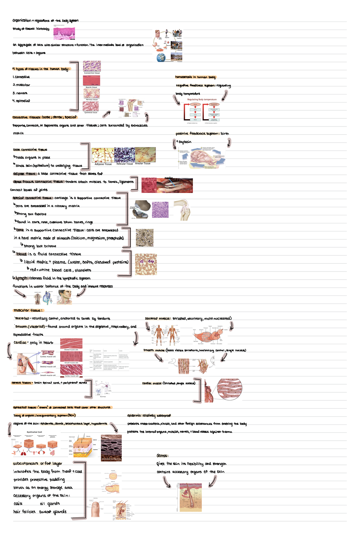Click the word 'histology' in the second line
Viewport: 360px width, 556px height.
(43, 29)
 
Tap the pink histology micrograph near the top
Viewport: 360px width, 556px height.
(64, 34)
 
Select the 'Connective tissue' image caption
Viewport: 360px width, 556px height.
(92, 73)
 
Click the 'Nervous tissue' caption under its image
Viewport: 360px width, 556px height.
(91, 100)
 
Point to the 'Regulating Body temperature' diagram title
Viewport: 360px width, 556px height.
(202, 100)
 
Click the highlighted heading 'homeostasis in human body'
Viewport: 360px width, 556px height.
(195, 77)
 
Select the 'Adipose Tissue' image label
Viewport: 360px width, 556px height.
(103, 164)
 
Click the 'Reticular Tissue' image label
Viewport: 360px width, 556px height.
(124, 164)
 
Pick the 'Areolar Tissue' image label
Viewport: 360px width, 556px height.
(143, 164)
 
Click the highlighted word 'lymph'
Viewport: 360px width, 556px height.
(22, 278)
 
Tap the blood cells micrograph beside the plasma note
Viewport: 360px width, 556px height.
(146, 264)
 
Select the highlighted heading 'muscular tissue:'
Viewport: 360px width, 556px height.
(28, 311)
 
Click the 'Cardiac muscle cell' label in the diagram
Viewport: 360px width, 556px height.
(48, 357)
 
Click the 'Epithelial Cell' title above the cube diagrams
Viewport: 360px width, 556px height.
(34, 432)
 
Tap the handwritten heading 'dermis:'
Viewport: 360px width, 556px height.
(162, 456)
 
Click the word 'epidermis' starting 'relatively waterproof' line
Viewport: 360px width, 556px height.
(134, 416)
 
